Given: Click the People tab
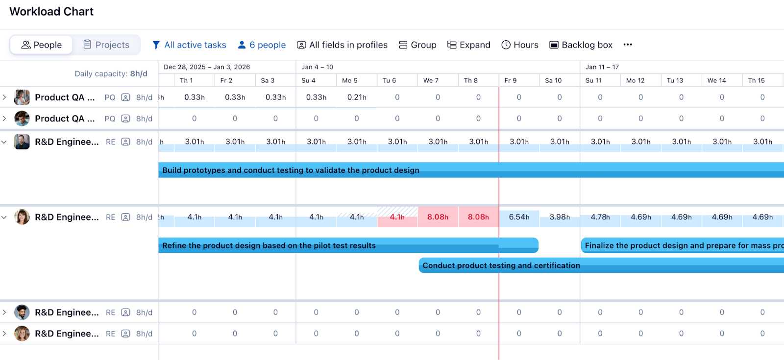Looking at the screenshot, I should [42, 45].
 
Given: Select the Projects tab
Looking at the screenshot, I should [106, 45].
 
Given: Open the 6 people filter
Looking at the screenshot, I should [262, 45].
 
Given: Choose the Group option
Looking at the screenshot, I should [417, 45].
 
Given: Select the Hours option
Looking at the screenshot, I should [520, 45].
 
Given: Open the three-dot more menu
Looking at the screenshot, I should [628, 45].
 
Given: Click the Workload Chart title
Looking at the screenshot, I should [51, 12].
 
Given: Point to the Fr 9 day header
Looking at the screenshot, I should [510, 80].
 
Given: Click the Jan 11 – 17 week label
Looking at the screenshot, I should [602, 67].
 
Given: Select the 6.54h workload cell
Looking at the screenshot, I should [519, 217].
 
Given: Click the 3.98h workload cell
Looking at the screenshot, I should [560, 217].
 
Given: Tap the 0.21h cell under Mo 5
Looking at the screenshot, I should [357, 97].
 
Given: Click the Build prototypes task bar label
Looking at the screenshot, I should [291, 170].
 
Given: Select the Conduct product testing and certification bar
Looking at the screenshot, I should [501, 265].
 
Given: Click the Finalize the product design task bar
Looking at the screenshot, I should [681, 245].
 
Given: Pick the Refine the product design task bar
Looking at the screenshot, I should [269, 245].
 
